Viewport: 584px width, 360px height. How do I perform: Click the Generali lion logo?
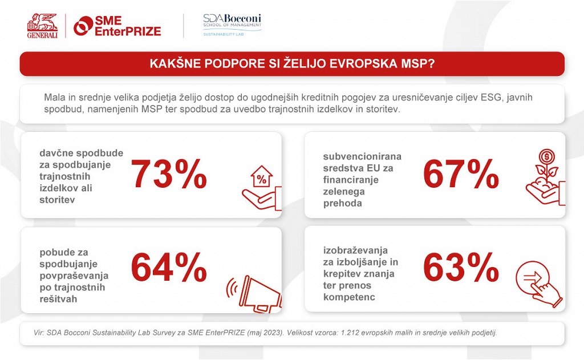[42, 25]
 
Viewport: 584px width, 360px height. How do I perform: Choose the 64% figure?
[169, 268]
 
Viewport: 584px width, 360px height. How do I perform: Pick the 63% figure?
[461, 268]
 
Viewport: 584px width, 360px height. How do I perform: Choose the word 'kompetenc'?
[347, 297]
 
